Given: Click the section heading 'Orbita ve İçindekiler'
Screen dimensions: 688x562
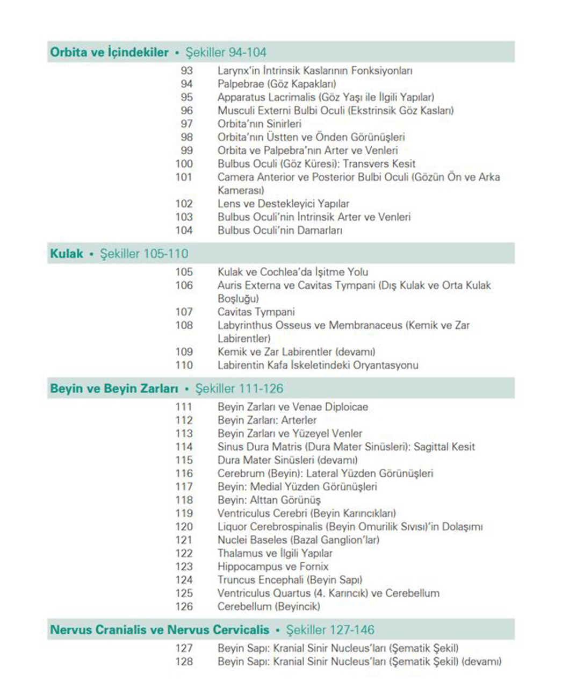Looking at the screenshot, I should coord(110,52).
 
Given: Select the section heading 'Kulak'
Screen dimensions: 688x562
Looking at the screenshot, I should coord(67,254).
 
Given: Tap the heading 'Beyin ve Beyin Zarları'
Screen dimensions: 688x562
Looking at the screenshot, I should coord(114,389).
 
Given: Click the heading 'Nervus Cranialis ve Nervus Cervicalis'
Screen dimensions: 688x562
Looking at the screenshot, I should coord(160,630).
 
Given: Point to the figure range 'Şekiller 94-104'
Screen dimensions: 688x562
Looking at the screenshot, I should coord(226,52).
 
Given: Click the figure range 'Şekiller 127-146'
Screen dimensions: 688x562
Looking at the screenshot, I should coord(330,630).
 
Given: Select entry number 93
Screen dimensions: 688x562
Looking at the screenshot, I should coord(186,70).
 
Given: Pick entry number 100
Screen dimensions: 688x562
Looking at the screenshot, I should coord(184,164).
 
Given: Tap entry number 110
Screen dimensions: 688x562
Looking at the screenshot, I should coord(184,365).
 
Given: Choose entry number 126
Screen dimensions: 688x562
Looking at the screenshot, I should coord(184,607).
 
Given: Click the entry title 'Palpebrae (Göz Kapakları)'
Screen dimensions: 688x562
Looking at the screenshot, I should coord(277,84).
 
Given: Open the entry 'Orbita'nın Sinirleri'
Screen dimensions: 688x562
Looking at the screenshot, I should coord(260,124).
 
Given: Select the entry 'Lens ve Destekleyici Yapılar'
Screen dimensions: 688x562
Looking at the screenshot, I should coord(283,204).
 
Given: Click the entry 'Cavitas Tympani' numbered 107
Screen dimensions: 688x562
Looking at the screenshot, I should coord(256,312).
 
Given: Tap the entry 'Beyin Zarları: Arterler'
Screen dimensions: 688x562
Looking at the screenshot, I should coord(267,420).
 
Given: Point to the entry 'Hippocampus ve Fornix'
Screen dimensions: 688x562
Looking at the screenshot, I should coord(272,567).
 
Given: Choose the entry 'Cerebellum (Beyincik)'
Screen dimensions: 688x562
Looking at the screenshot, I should coord(269,607).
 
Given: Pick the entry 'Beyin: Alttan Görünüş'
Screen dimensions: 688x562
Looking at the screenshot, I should coord(269,500).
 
